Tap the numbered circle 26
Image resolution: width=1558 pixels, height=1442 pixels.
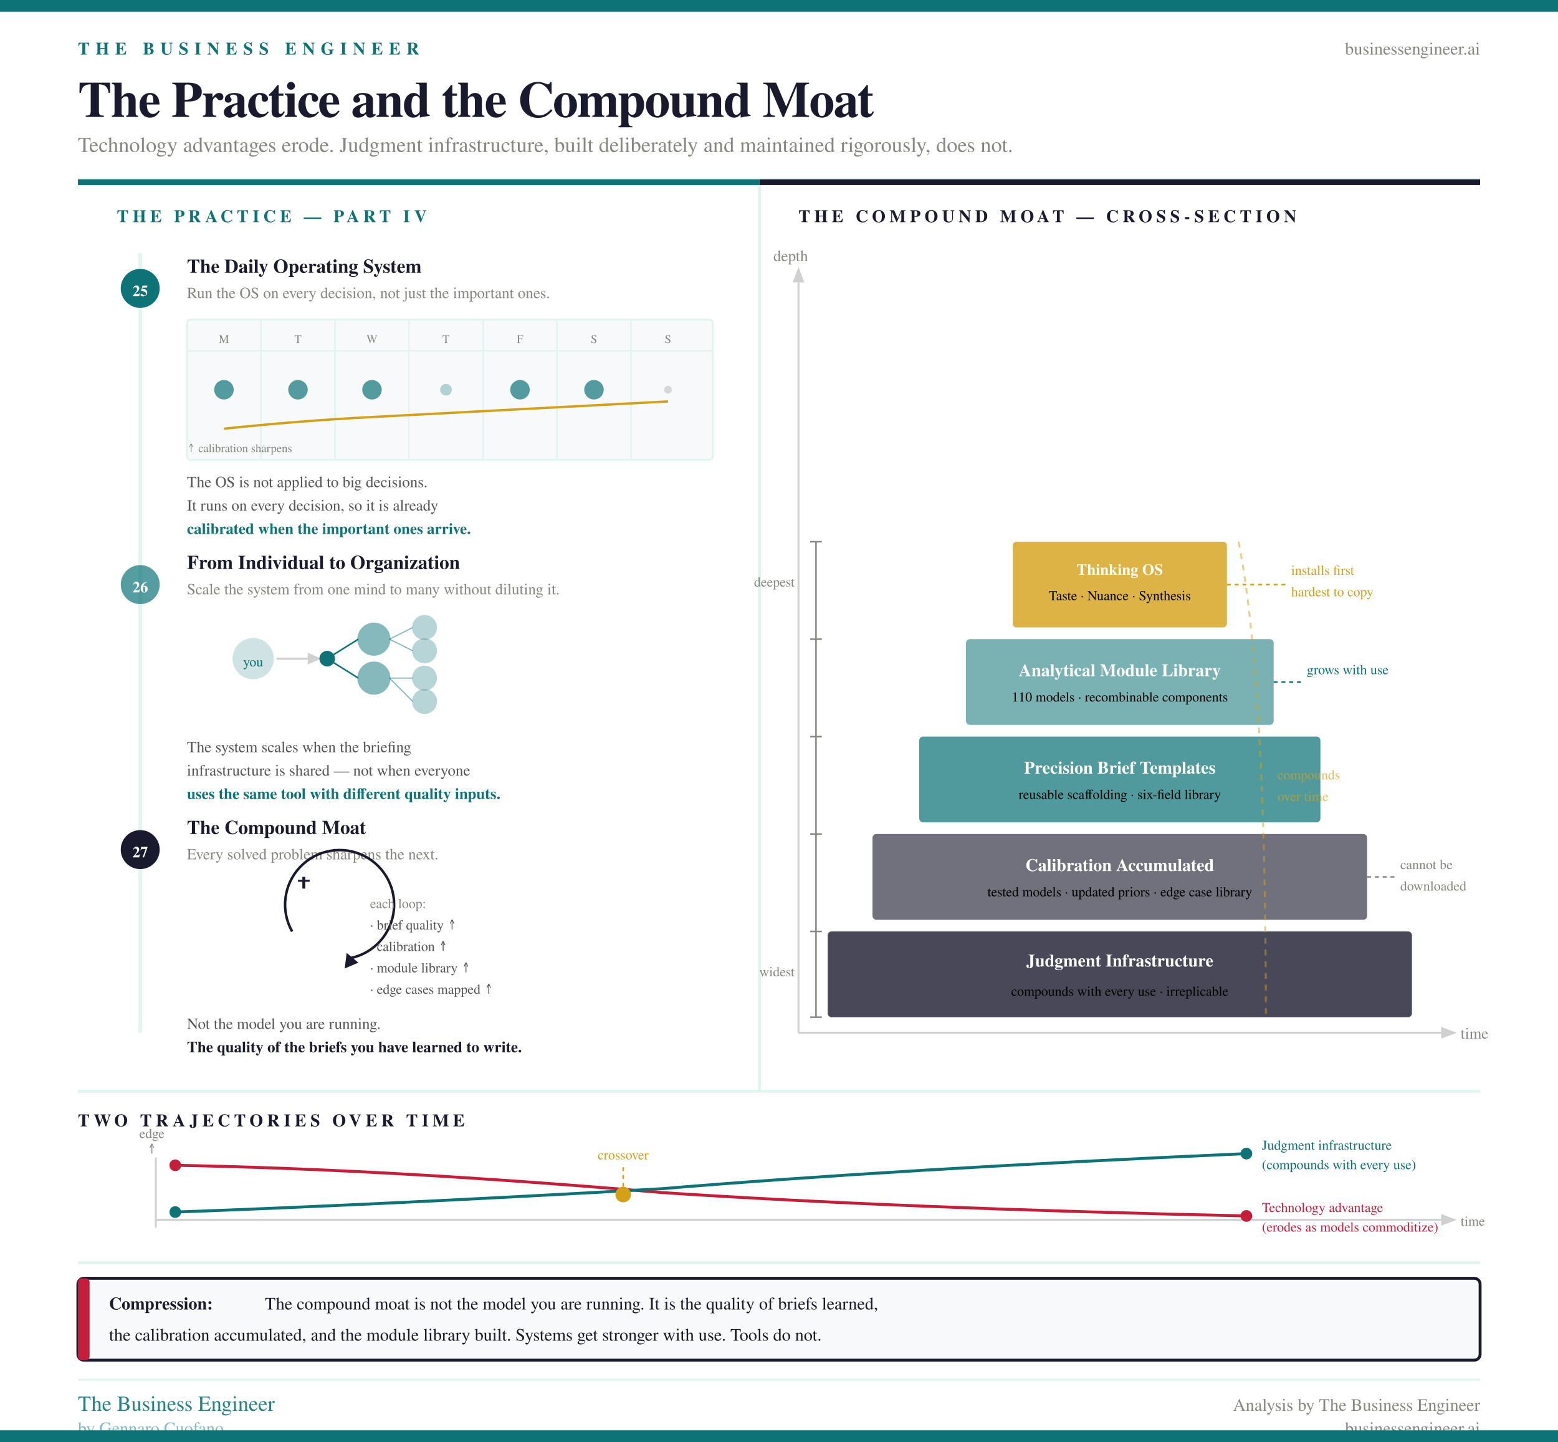pos(140,585)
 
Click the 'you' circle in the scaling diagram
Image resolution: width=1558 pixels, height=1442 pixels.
pos(253,660)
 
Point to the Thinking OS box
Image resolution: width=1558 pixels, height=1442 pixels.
pos(1119,584)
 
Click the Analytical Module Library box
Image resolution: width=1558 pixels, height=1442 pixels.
pos(1119,682)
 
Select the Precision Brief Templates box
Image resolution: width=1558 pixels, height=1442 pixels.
pos(1119,779)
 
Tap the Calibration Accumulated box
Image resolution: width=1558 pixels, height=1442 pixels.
pos(1119,877)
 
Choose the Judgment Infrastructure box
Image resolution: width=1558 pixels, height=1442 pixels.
pos(1119,974)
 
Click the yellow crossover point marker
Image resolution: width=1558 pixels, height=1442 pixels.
pos(623,1194)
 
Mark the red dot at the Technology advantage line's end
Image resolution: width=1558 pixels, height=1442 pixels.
pos(1246,1216)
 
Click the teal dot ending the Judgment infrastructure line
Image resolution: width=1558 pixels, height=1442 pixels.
pos(1246,1153)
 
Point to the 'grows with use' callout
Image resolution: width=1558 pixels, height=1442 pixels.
pos(1347,670)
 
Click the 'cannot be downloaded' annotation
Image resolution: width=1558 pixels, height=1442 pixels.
pos(1431,875)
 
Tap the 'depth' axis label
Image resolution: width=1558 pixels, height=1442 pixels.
pos(790,257)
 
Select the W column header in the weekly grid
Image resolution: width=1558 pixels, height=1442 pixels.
pos(371,339)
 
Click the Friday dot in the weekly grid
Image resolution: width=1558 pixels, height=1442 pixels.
pos(520,390)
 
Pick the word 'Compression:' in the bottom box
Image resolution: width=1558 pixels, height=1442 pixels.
pos(161,1304)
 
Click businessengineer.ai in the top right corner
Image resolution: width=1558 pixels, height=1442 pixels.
pos(1412,49)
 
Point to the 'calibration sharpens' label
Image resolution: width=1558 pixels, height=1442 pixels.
pos(244,449)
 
